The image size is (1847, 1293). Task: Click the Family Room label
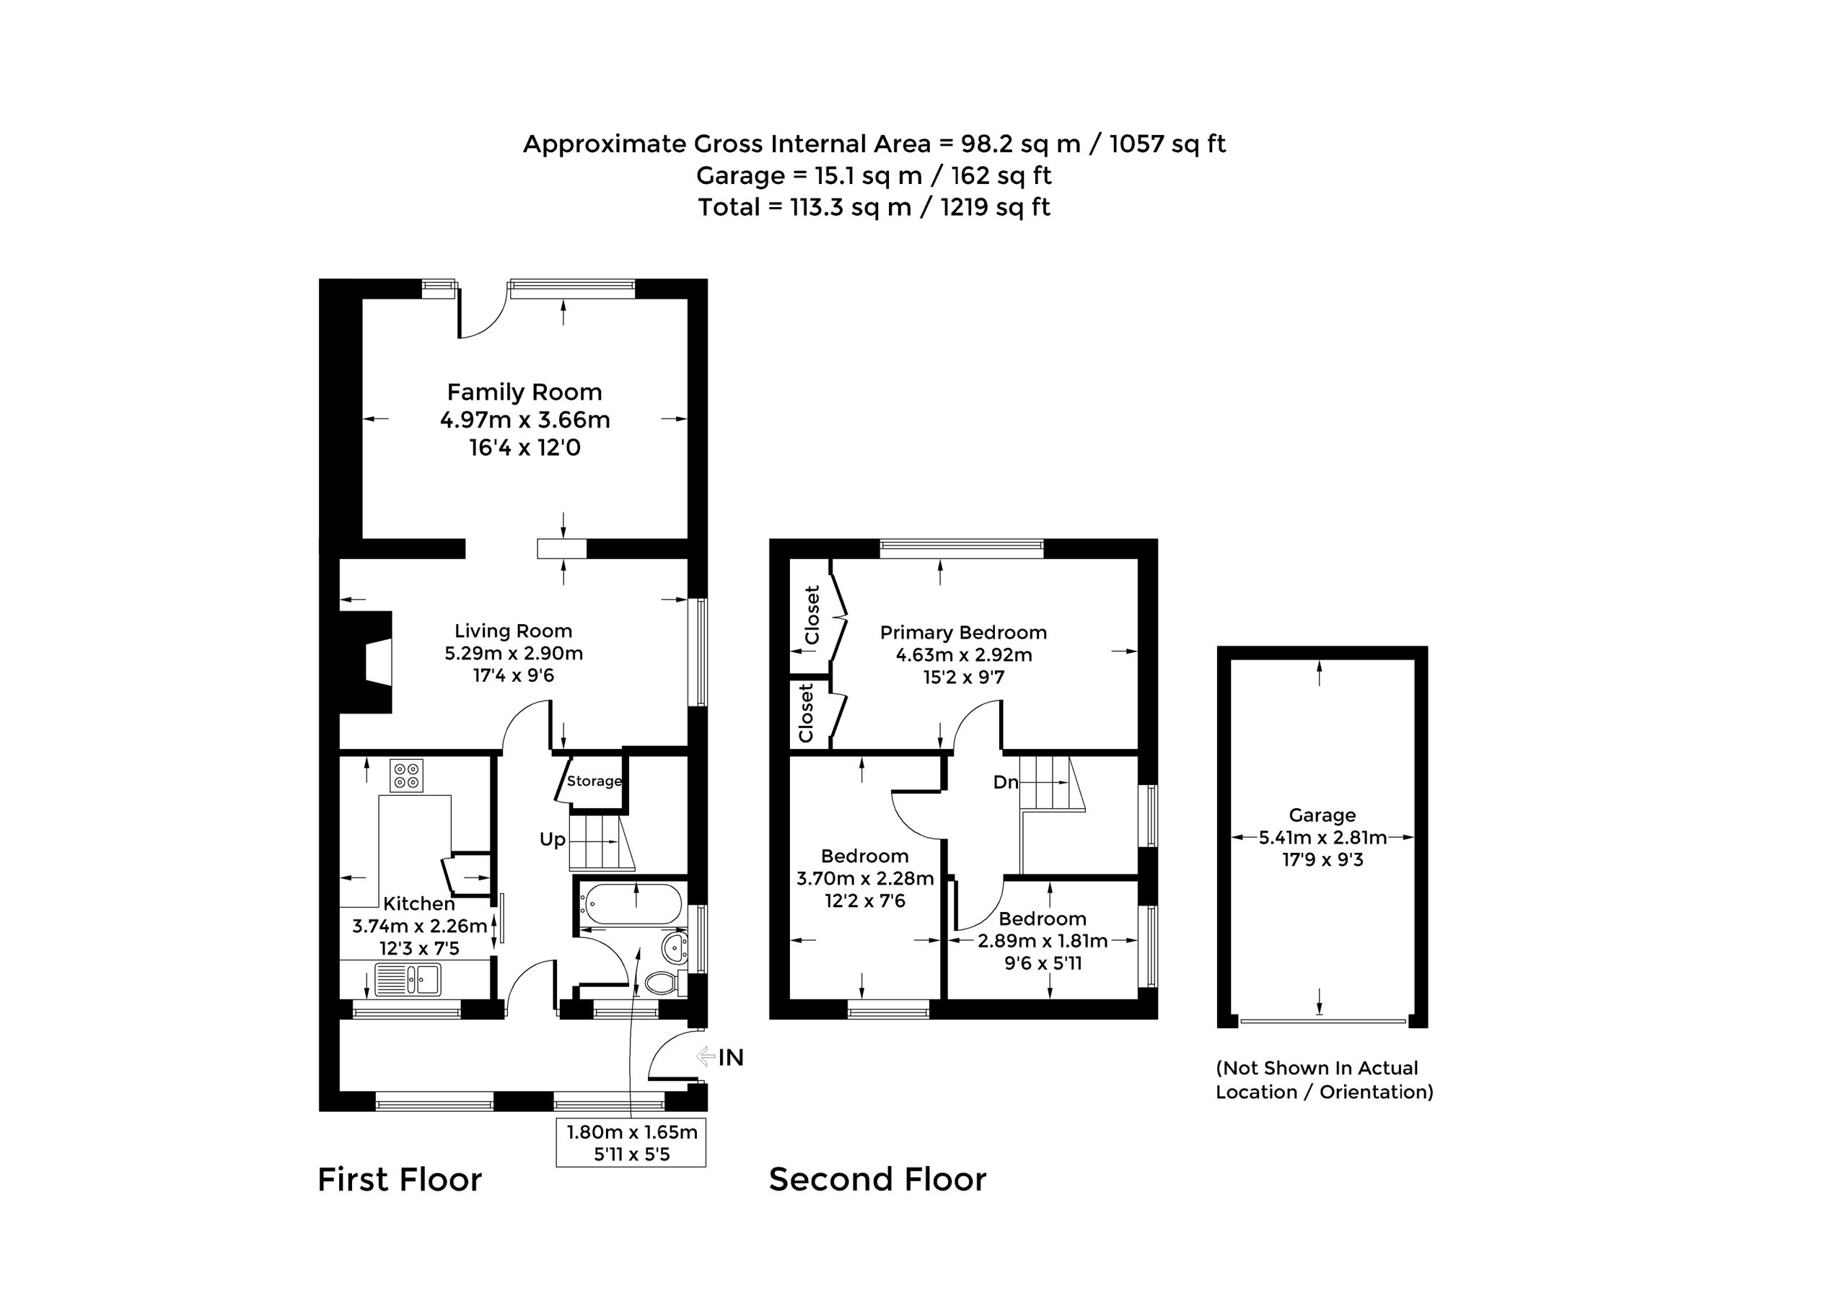click(525, 393)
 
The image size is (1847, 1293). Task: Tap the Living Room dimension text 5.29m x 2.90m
click(514, 653)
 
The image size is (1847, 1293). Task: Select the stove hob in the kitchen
click(406, 775)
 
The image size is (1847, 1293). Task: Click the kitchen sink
click(408, 979)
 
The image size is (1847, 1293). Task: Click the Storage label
click(594, 781)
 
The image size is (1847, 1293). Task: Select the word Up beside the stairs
click(553, 840)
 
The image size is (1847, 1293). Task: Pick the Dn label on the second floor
click(1006, 782)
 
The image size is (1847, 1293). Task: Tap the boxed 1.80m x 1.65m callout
click(631, 1142)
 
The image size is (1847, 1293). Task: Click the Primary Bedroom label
click(964, 632)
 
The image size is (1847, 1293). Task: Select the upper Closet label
click(812, 615)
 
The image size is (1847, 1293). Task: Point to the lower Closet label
click(806, 713)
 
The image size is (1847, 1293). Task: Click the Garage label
click(1322, 816)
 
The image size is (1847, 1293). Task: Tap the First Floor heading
click(400, 1180)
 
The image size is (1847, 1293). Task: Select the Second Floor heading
click(877, 1180)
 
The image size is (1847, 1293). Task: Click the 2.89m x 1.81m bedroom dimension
click(1043, 941)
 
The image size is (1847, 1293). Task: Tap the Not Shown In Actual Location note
click(1325, 1079)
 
